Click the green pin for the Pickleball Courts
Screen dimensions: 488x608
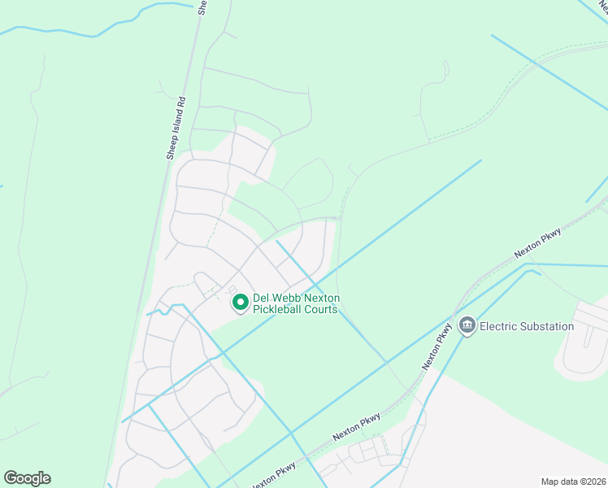point(241,303)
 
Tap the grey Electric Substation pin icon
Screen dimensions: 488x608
point(467,326)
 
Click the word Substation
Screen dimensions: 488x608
point(546,326)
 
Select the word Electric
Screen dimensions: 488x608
point(498,326)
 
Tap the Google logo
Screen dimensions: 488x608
point(27,478)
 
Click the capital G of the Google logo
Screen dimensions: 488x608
point(11,477)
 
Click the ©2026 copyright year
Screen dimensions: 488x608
point(593,481)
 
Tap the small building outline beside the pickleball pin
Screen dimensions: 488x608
point(232,290)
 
